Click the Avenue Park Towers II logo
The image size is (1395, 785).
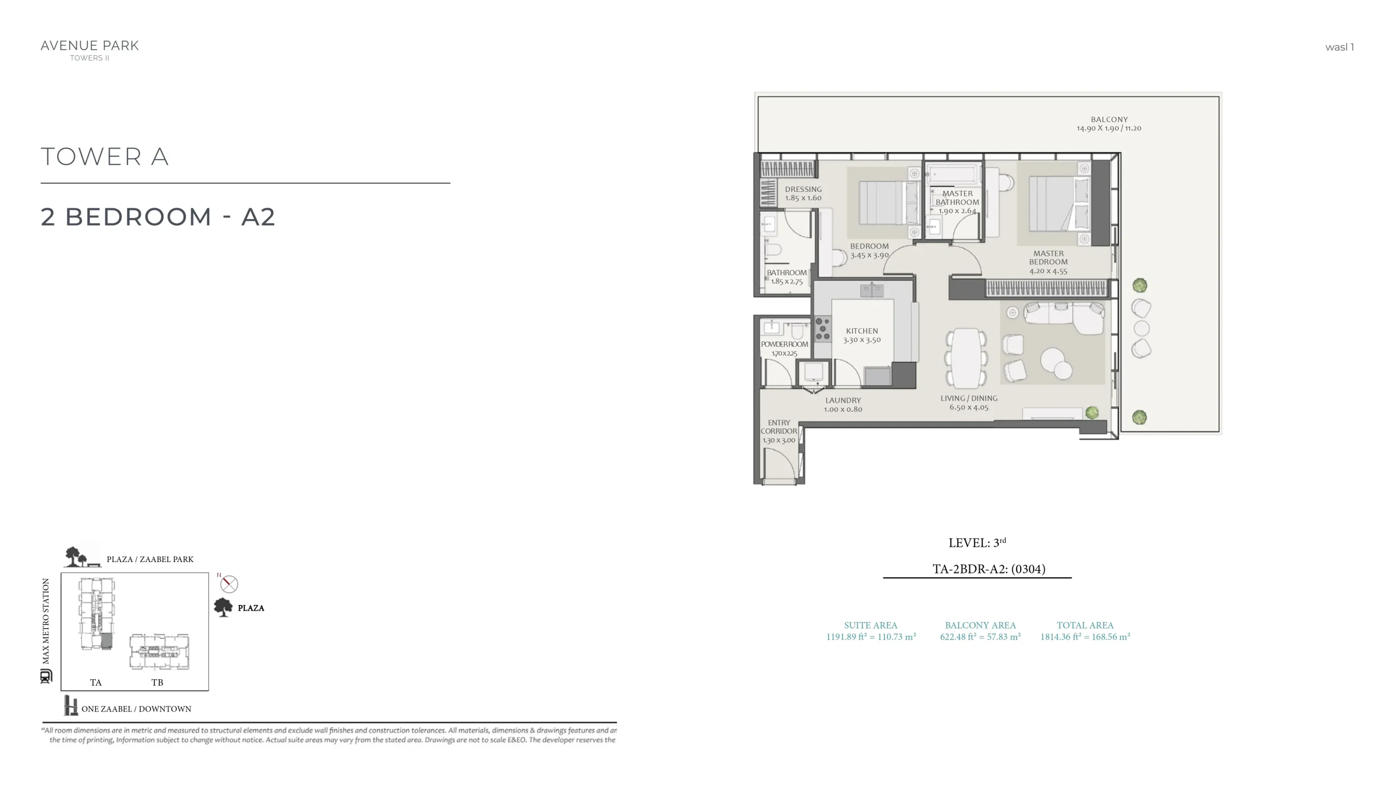[x=90, y=50]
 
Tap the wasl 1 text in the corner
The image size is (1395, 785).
[x=1339, y=47]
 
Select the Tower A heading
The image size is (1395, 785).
[x=105, y=157]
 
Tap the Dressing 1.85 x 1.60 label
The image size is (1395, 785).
[x=803, y=194]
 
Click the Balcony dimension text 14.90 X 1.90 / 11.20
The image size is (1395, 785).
[x=1109, y=128]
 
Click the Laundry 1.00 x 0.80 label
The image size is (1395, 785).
[x=843, y=404]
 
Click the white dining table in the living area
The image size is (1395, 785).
[x=966, y=358]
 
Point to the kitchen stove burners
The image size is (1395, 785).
[x=823, y=329]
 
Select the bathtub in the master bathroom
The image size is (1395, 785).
[x=954, y=176]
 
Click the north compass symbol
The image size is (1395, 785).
[x=229, y=584]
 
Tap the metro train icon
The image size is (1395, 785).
[x=46, y=677]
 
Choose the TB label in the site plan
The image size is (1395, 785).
[x=157, y=683]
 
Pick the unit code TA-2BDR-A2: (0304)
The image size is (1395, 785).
[x=988, y=569]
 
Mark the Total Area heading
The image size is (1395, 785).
[x=1085, y=625]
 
